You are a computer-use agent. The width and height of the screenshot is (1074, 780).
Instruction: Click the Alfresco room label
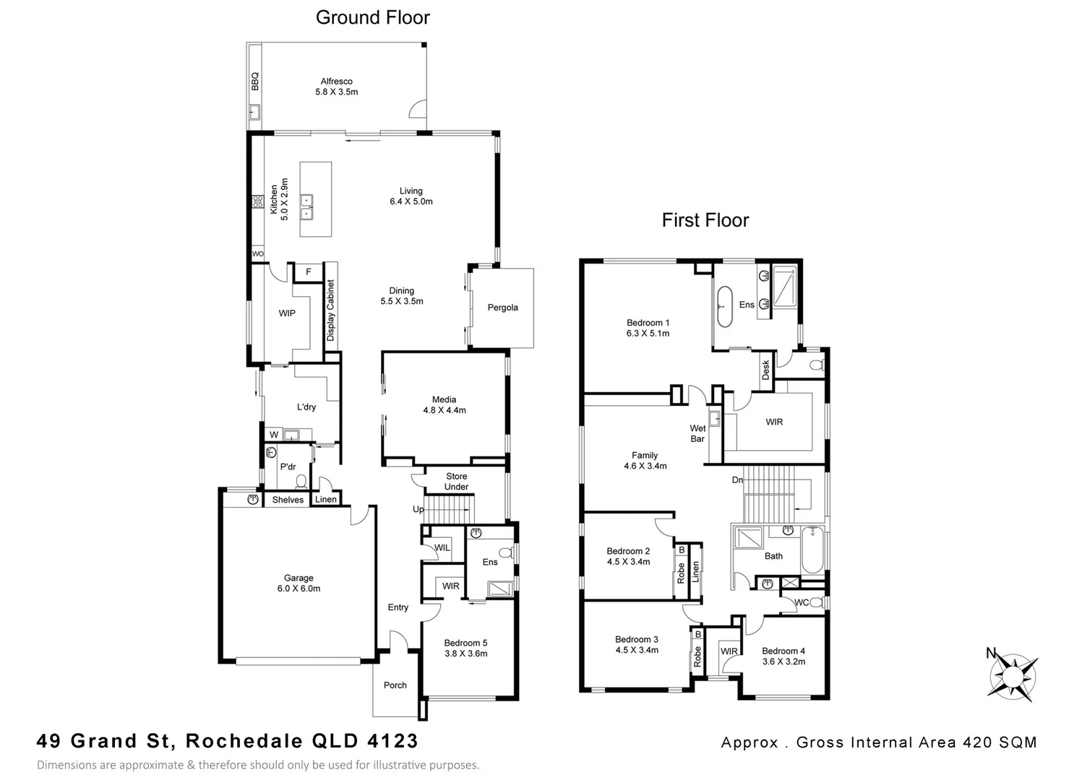pyautogui.click(x=336, y=82)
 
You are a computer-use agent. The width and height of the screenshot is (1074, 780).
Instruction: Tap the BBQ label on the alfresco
pyautogui.click(x=254, y=80)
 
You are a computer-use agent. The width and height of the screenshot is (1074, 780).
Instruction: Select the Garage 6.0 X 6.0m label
pyautogui.click(x=298, y=583)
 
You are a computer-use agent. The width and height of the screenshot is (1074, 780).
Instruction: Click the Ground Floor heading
pyautogui.click(x=372, y=18)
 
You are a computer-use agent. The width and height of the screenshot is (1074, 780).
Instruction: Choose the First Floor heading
pyautogui.click(x=705, y=220)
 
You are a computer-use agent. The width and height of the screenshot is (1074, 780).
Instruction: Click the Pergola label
pyautogui.click(x=502, y=308)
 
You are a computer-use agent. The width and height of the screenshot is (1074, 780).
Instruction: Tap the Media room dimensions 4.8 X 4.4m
pyautogui.click(x=444, y=410)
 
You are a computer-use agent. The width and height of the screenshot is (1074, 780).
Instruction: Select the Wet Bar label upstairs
pyautogui.click(x=697, y=433)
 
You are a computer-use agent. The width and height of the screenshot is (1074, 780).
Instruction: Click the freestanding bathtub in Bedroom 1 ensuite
pyautogui.click(x=723, y=305)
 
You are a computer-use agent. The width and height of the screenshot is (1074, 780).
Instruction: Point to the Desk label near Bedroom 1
pyautogui.click(x=765, y=370)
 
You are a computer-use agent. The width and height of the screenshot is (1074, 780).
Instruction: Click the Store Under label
pyautogui.click(x=456, y=482)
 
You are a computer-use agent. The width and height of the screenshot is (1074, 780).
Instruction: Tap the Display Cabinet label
pyautogui.click(x=330, y=311)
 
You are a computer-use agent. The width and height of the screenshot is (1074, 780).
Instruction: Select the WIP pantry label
pyautogui.click(x=287, y=313)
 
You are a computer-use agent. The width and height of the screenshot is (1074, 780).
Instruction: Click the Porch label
pyautogui.click(x=395, y=685)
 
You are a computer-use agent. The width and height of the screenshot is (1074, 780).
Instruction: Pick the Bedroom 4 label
pyautogui.click(x=783, y=651)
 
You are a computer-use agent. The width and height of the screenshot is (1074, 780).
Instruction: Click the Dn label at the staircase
pyautogui.click(x=737, y=480)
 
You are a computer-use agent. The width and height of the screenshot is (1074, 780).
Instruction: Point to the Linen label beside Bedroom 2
pyautogui.click(x=695, y=572)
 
